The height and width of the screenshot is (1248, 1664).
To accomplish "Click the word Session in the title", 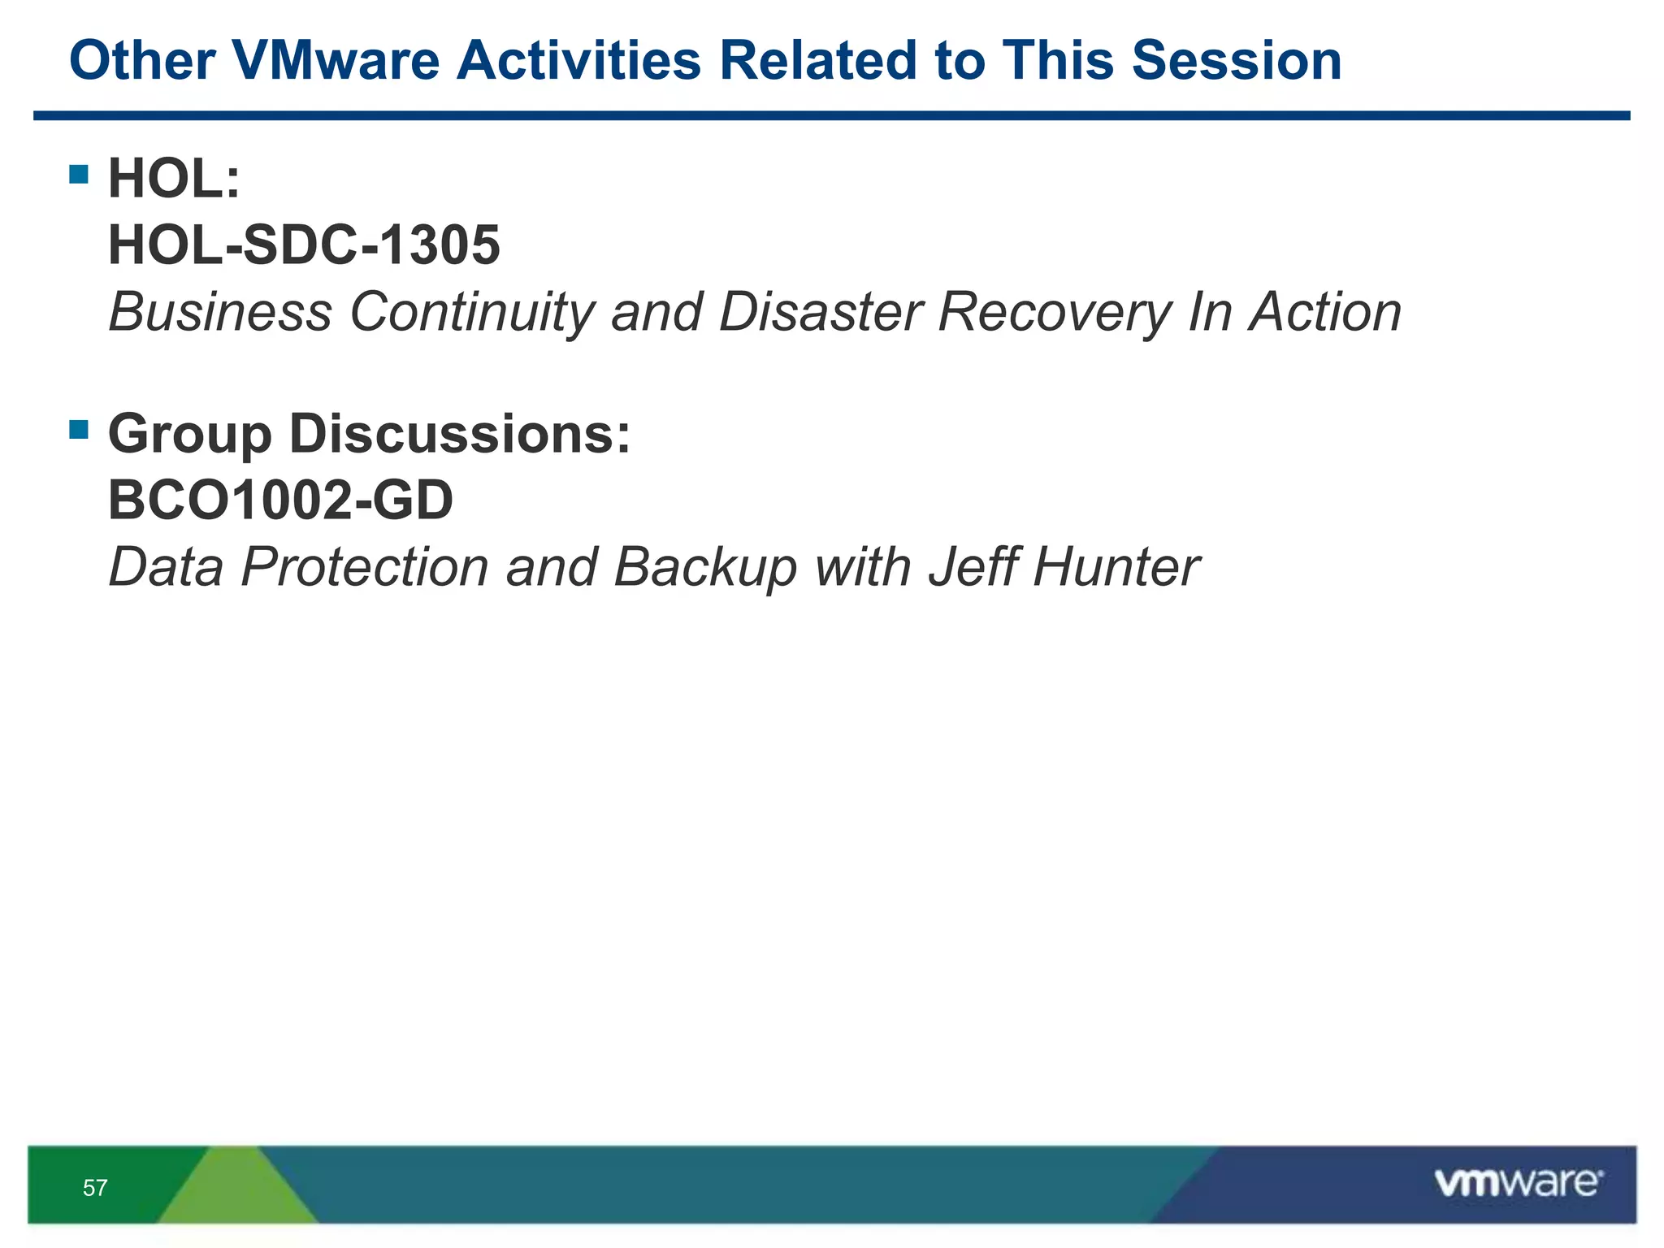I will (1236, 61).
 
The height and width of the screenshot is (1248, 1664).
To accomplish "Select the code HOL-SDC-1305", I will (304, 245).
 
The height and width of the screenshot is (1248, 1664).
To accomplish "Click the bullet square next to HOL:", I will (79, 174).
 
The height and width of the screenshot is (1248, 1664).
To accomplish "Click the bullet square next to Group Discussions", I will (79, 429).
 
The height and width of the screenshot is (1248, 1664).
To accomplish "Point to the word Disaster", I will (821, 313).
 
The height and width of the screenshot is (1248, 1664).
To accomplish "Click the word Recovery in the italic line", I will (1054, 313).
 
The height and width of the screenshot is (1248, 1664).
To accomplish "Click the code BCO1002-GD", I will (280, 500).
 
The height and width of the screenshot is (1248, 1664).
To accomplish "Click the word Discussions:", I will (460, 435).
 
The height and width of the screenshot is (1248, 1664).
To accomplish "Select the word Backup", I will (704, 567).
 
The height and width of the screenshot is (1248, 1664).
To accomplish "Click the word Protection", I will (364, 567).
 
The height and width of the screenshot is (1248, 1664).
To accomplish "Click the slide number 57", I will (95, 1188).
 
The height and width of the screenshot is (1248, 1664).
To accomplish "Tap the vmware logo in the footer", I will (1518, 1183).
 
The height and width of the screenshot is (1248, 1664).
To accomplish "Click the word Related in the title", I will (817, 61).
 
